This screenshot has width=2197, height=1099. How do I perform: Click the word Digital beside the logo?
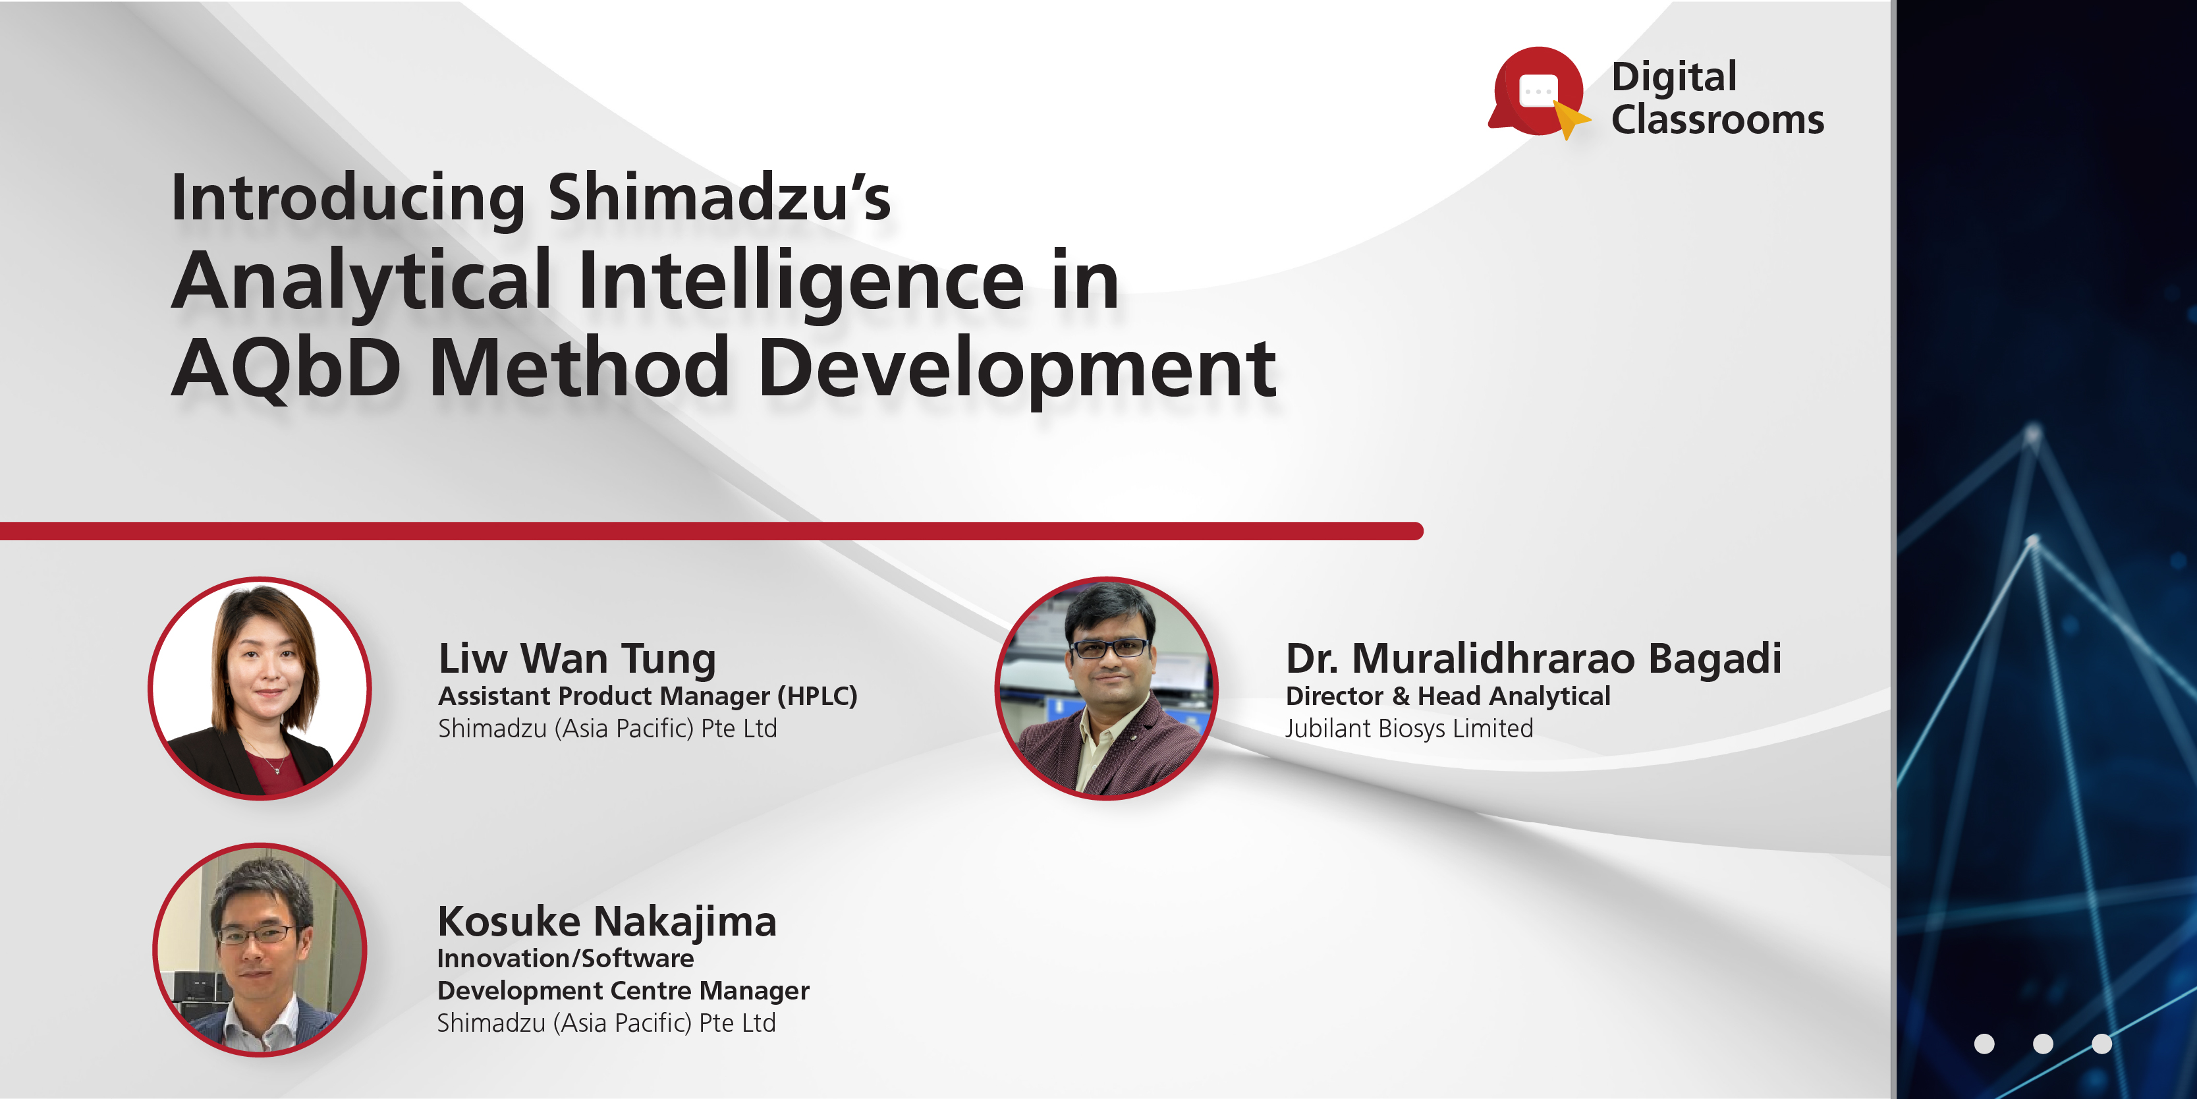tap(1673, 77)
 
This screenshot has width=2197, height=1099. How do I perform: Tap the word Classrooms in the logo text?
tap(1717, 119)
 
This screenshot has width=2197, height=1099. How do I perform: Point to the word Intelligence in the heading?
tap(801, 281)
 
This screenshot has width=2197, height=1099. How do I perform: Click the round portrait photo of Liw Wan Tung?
tap(260, 689)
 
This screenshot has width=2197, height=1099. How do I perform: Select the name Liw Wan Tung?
tap(576, 659)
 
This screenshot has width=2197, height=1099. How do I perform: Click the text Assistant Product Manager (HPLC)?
tap(648, 696)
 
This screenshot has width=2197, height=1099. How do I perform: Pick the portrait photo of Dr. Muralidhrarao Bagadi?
tap(1106, 689)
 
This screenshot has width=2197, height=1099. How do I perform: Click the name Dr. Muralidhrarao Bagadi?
tap(1532, 659)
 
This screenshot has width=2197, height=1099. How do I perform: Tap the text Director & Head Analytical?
tap(1447, 696)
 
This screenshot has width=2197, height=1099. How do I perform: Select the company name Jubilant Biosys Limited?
tap(1409, 729)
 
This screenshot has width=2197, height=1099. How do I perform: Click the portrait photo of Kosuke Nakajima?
tap(260, 949)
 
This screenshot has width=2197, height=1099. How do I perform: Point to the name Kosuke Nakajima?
tap(606, 922)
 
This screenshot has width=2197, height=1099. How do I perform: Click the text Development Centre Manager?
tap(623, 991)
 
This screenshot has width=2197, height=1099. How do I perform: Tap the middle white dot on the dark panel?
tap(2043, 1044)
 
